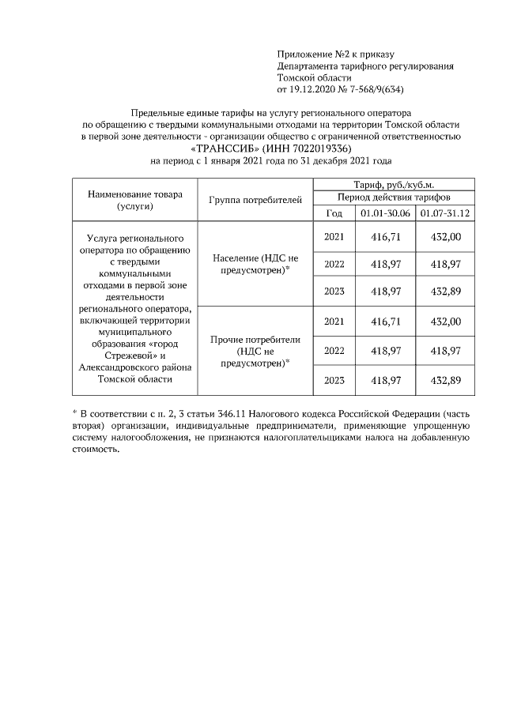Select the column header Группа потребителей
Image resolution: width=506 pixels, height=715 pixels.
point(255,201)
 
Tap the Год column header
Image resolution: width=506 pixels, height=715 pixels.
point(334,213)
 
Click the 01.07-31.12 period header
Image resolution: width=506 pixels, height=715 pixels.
point(445,213)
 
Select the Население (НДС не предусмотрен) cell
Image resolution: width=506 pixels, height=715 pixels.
point(255,264)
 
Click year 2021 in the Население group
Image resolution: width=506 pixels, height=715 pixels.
point(334,235)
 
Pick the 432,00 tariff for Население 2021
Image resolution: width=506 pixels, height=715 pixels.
point(446,235)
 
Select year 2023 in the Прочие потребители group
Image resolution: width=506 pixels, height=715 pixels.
point(334,380)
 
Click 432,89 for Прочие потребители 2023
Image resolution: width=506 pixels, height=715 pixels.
point(446,380)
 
